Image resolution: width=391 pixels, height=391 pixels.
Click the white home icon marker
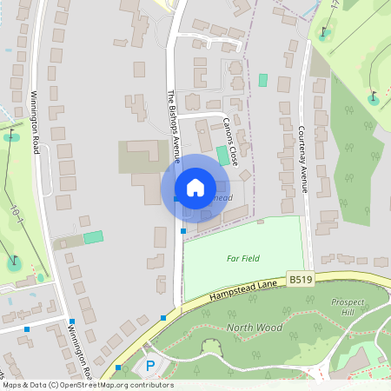[195, 187]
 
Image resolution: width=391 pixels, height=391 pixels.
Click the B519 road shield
[300, 279]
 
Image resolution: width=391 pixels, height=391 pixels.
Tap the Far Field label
[243, 258]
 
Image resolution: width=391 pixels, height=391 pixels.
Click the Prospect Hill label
[348, 307]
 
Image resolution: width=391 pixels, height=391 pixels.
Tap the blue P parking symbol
[149, 367]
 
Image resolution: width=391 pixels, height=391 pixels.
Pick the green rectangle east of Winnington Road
[92, 236]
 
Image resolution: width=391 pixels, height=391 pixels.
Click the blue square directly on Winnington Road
[72, 322]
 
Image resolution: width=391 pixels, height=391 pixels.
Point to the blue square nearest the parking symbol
[118, 368]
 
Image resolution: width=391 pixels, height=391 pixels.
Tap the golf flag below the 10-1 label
[14, 261]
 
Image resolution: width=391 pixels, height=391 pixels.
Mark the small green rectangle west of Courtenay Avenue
[262, 80]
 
